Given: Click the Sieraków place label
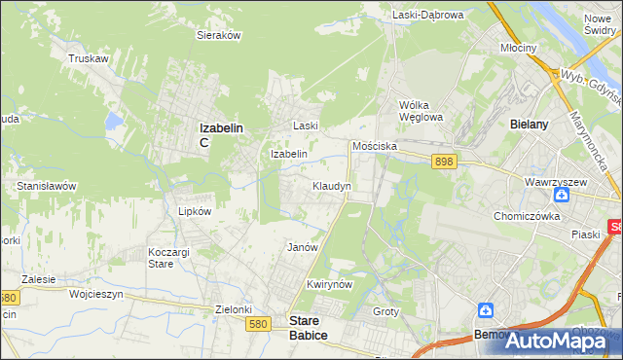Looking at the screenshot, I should [219, 34].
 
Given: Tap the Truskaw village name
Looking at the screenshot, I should [87, 58].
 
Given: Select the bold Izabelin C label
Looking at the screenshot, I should [219, 132].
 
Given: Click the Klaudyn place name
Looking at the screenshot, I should [331, 185].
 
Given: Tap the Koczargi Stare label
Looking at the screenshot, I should [161, 257].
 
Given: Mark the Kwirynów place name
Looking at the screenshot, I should [327, 284].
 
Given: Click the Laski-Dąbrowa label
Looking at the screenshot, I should [428, 15].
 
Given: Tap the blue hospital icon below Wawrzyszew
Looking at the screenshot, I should [574, 196].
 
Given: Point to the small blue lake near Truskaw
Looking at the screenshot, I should [115, 122].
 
